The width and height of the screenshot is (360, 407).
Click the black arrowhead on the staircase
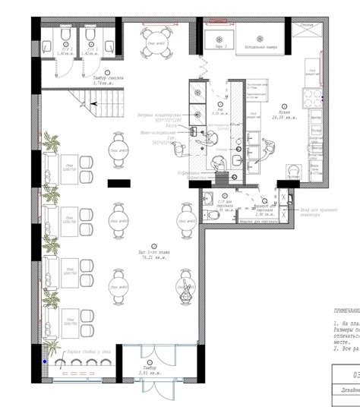click(x=93, y=103)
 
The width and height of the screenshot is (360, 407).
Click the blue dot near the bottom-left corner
click(x=45, y=361)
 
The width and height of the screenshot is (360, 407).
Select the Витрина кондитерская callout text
click(x=155, y=116)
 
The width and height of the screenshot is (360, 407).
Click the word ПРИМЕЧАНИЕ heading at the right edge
click(x=346, y=311)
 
